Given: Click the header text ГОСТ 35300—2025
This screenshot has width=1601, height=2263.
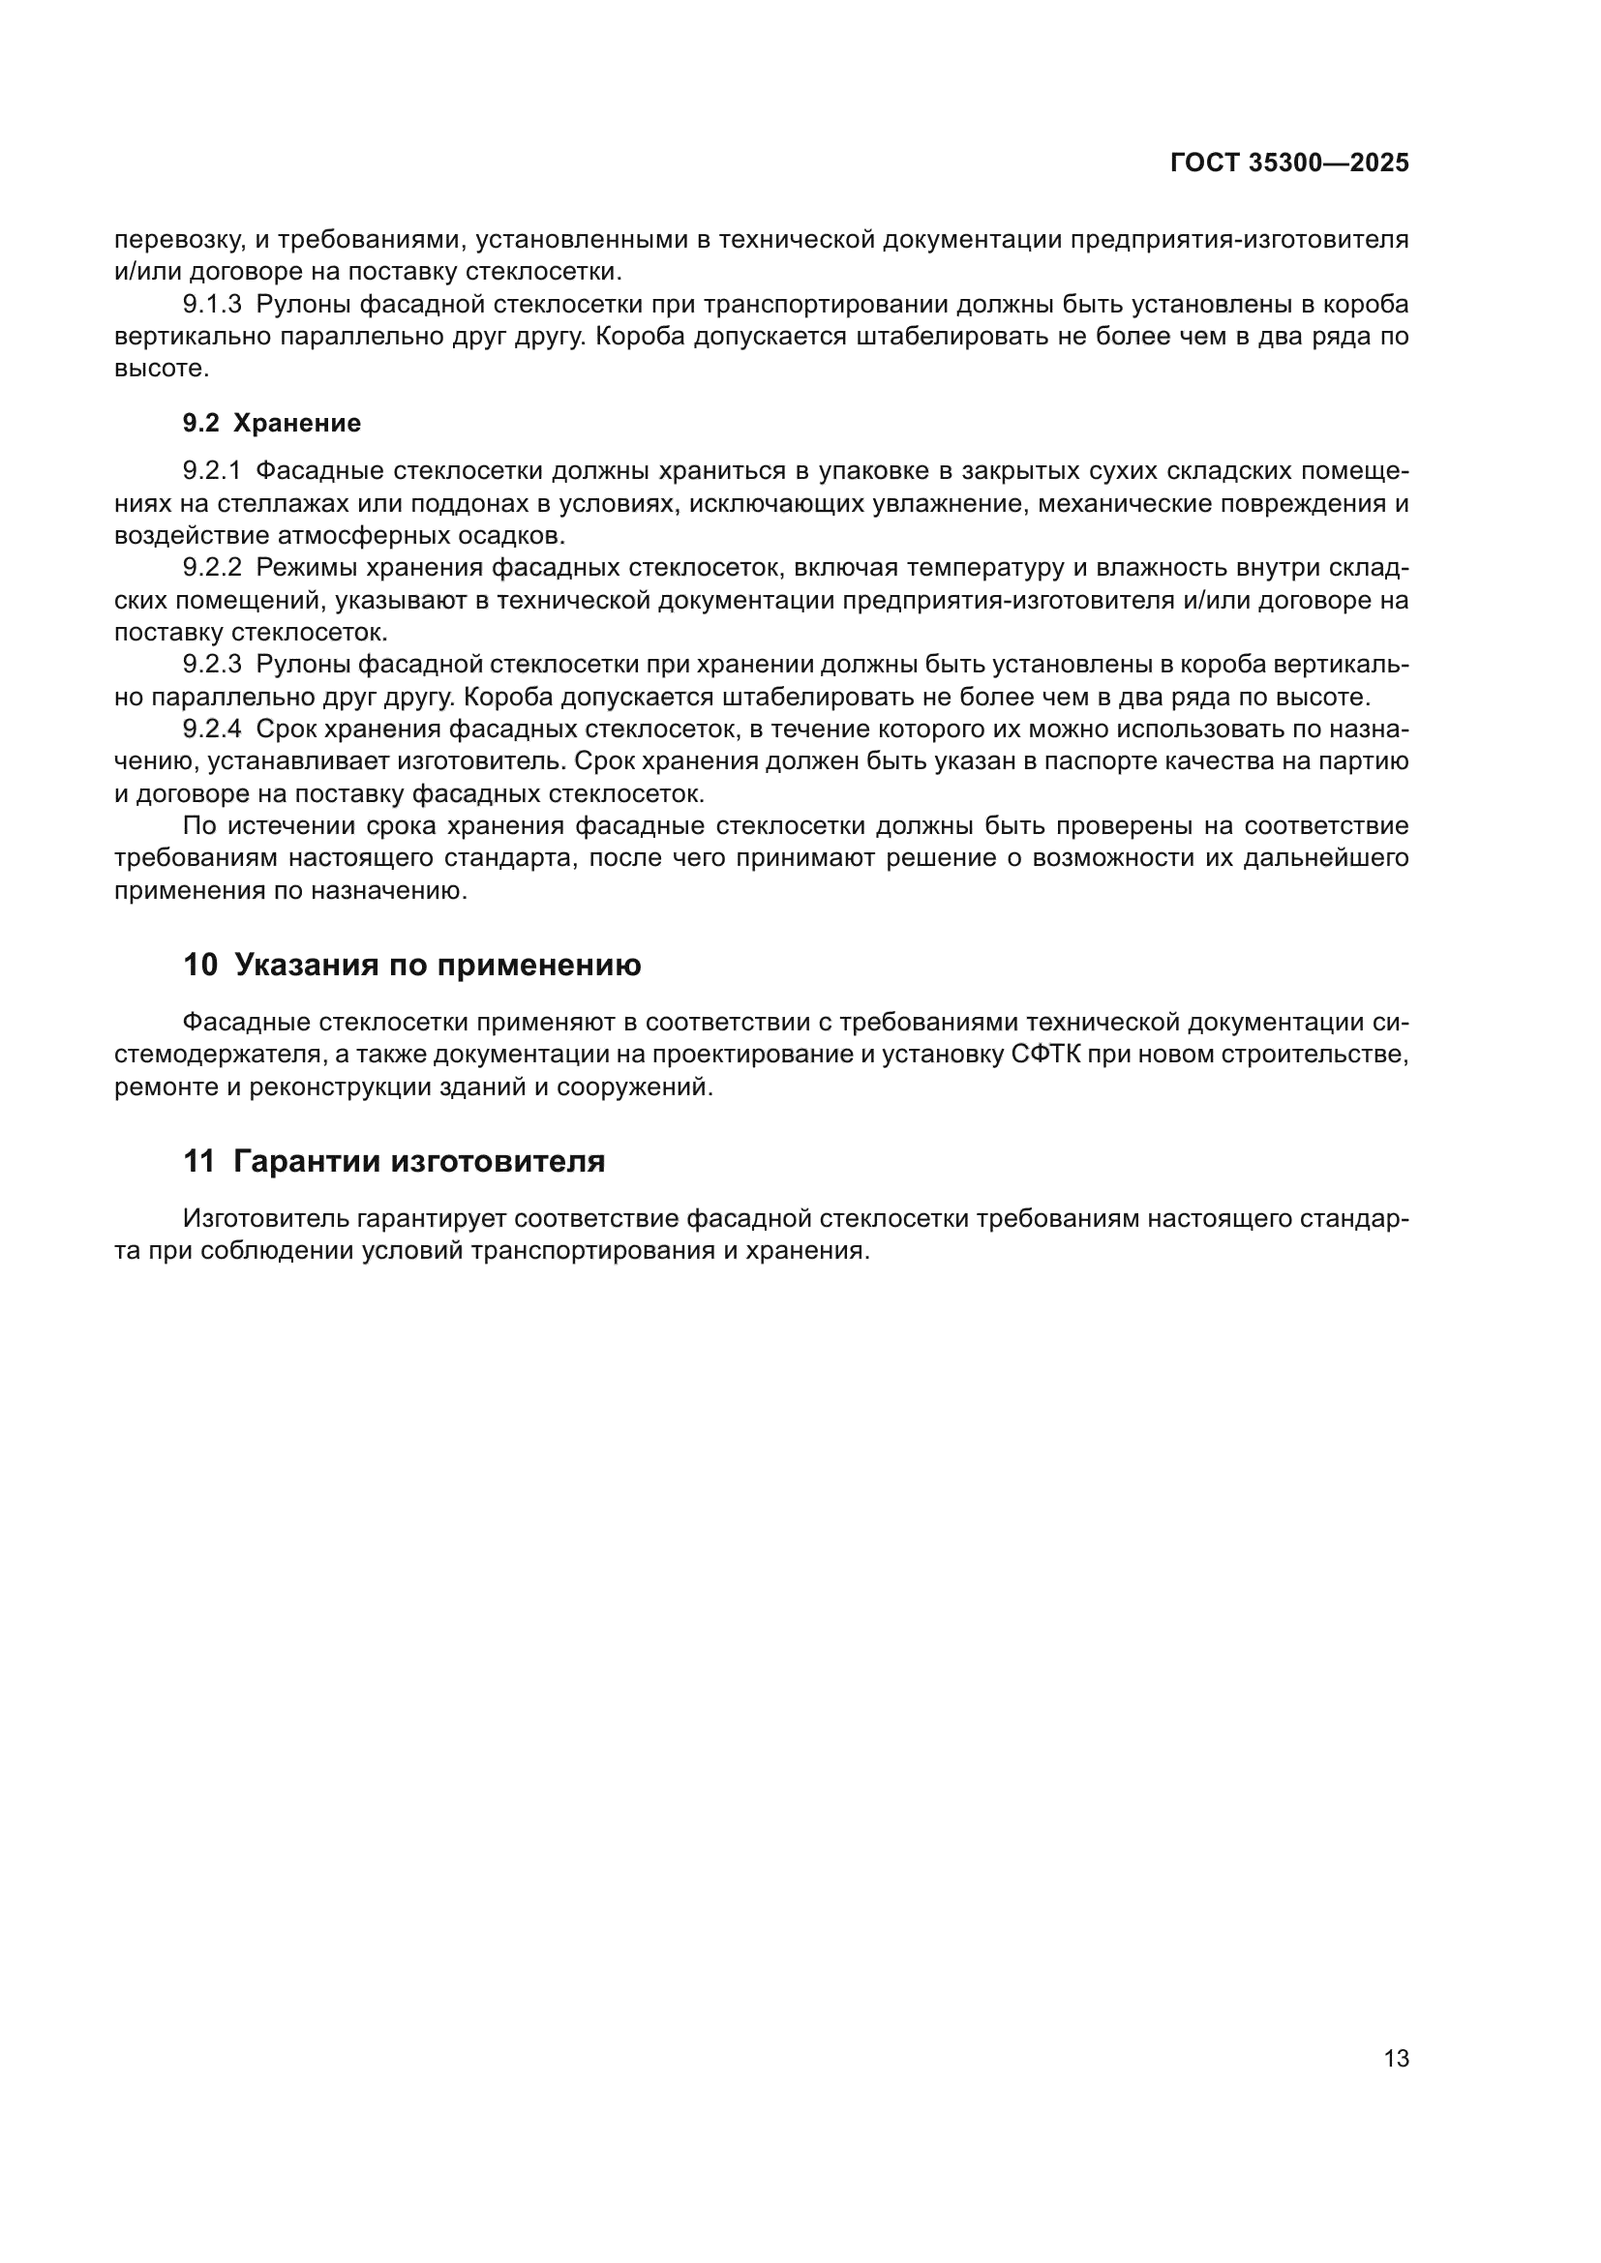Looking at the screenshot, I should pos(1288,164).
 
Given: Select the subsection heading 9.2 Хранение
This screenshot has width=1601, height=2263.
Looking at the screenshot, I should pos(271,423).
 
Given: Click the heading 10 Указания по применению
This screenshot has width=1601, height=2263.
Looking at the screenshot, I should pos(411,965).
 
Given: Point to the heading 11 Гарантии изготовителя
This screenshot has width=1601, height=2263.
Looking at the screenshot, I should pos(393,1161).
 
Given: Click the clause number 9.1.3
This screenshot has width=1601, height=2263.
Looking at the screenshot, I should pos(212,305).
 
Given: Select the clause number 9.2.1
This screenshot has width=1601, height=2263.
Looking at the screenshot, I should pos(212,471).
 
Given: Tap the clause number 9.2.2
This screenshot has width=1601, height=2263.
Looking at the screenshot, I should pos(212,568).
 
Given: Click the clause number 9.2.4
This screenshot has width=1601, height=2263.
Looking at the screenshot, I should pos(212,730).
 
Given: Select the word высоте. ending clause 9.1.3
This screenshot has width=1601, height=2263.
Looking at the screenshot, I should pos(162,370).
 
